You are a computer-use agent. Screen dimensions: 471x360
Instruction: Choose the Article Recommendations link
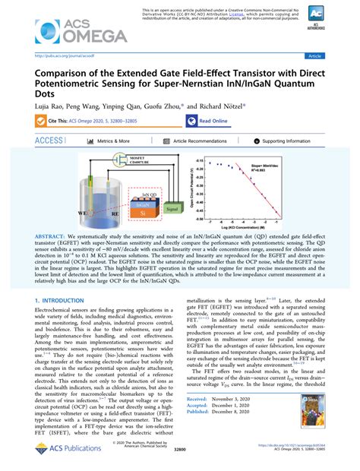[200, 141]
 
